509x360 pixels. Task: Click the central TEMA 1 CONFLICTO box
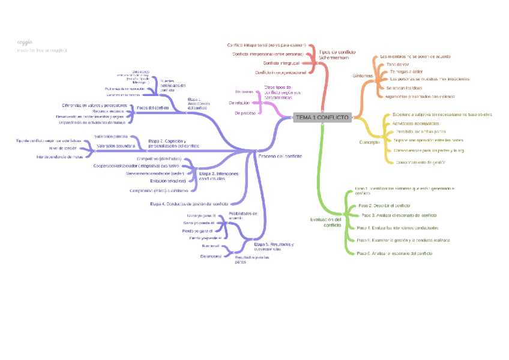coord(322,118)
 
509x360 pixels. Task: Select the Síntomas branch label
coord(363,76)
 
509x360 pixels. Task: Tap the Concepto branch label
coord(369,142)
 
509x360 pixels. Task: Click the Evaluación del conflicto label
coord(325,222)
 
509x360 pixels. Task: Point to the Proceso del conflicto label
coord(280,156)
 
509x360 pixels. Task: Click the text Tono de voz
coord(397,64)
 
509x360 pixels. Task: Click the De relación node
coord(239,103)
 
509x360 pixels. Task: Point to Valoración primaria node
coord(111,137)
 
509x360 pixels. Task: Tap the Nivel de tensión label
coord(63,148)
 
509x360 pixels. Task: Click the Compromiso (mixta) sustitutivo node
coord(158,191)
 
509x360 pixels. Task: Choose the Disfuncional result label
coord(211,256)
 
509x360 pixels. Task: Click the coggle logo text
coord(25,42)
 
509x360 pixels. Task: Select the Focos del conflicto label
coord(153,107)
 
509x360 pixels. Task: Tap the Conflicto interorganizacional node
coord(281,73)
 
